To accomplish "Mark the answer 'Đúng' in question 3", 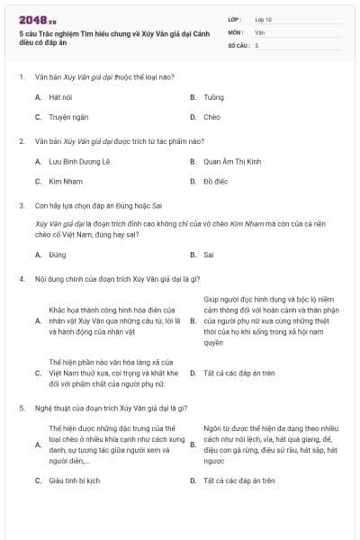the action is [58, 255].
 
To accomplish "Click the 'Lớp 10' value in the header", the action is [263, 19].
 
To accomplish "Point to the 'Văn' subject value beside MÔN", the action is [259, 31].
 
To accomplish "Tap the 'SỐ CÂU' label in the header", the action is [238, 44].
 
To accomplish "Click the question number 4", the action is [21, 278].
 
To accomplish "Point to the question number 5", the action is [21, 409].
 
